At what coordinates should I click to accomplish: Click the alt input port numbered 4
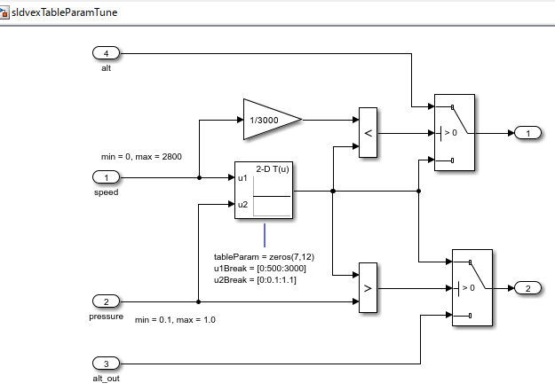(106, 54)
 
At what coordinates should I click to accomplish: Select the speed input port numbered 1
(106, 177)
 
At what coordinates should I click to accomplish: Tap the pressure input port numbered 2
(106, 301)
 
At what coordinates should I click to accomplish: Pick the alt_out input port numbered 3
(106, 364)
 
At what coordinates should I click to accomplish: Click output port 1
(527, 133)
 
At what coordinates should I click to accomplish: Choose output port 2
(527, 288)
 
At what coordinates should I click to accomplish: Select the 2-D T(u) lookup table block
(265, 190)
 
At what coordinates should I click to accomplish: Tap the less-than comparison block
(368, 134)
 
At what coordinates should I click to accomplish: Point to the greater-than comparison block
(368, 288)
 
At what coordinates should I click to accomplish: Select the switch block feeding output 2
(473, 287)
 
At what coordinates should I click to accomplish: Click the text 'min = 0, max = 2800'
(142, 157)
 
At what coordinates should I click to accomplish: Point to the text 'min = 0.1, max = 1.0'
(175, 319)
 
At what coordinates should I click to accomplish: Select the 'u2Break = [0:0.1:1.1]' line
(256, 279)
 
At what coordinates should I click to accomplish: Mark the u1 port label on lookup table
(243, 177)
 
